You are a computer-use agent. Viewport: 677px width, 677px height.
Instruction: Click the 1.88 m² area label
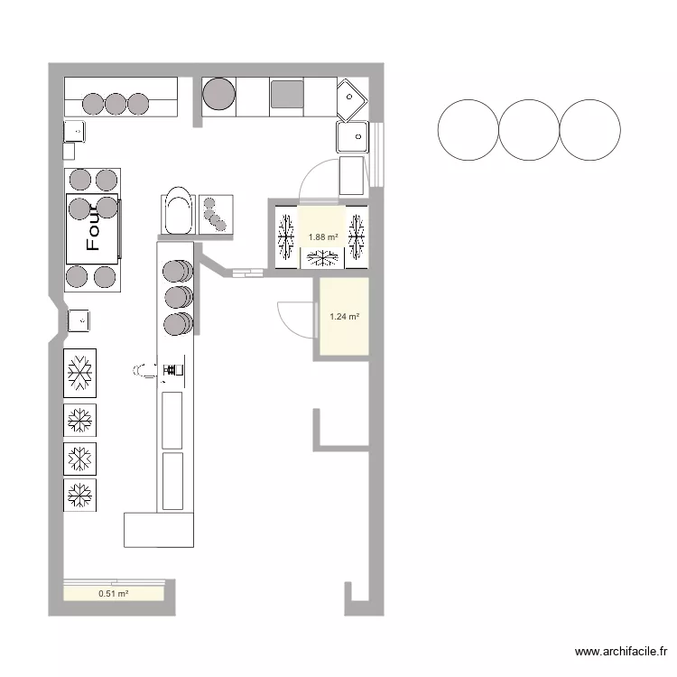pos(323,237)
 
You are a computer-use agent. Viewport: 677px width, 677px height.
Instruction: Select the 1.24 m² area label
pos(345,317)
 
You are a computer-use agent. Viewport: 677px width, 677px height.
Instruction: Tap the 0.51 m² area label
pos(113,594)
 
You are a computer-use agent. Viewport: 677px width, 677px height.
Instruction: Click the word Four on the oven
pos(93,227)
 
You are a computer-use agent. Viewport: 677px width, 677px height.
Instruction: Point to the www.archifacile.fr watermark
pos(621,651)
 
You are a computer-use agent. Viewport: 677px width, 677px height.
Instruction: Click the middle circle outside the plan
pos(529,130)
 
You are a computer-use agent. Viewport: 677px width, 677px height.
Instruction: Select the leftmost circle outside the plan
pos(468,130)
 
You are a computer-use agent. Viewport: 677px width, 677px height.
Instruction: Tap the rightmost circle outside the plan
pos(589,130)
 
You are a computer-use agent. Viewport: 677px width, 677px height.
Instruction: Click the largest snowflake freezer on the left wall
pos(79,373)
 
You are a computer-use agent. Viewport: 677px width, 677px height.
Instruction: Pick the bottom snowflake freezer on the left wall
pos(79,495)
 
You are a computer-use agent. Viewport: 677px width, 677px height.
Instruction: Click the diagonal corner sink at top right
pos(352,99)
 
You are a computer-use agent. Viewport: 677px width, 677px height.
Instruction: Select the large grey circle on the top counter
pos(219,94)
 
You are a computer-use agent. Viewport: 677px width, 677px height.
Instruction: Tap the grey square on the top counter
pos(287,94)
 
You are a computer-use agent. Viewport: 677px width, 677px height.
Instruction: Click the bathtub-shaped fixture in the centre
pos(179,210)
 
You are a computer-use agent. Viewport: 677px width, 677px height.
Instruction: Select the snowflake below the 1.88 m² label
pos(322,258)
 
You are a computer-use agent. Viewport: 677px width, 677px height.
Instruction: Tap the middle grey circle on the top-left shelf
pos(116,104)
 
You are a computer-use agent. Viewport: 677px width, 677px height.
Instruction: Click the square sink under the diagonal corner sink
pos(352,137)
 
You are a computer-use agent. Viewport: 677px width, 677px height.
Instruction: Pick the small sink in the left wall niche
pos(79,320)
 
